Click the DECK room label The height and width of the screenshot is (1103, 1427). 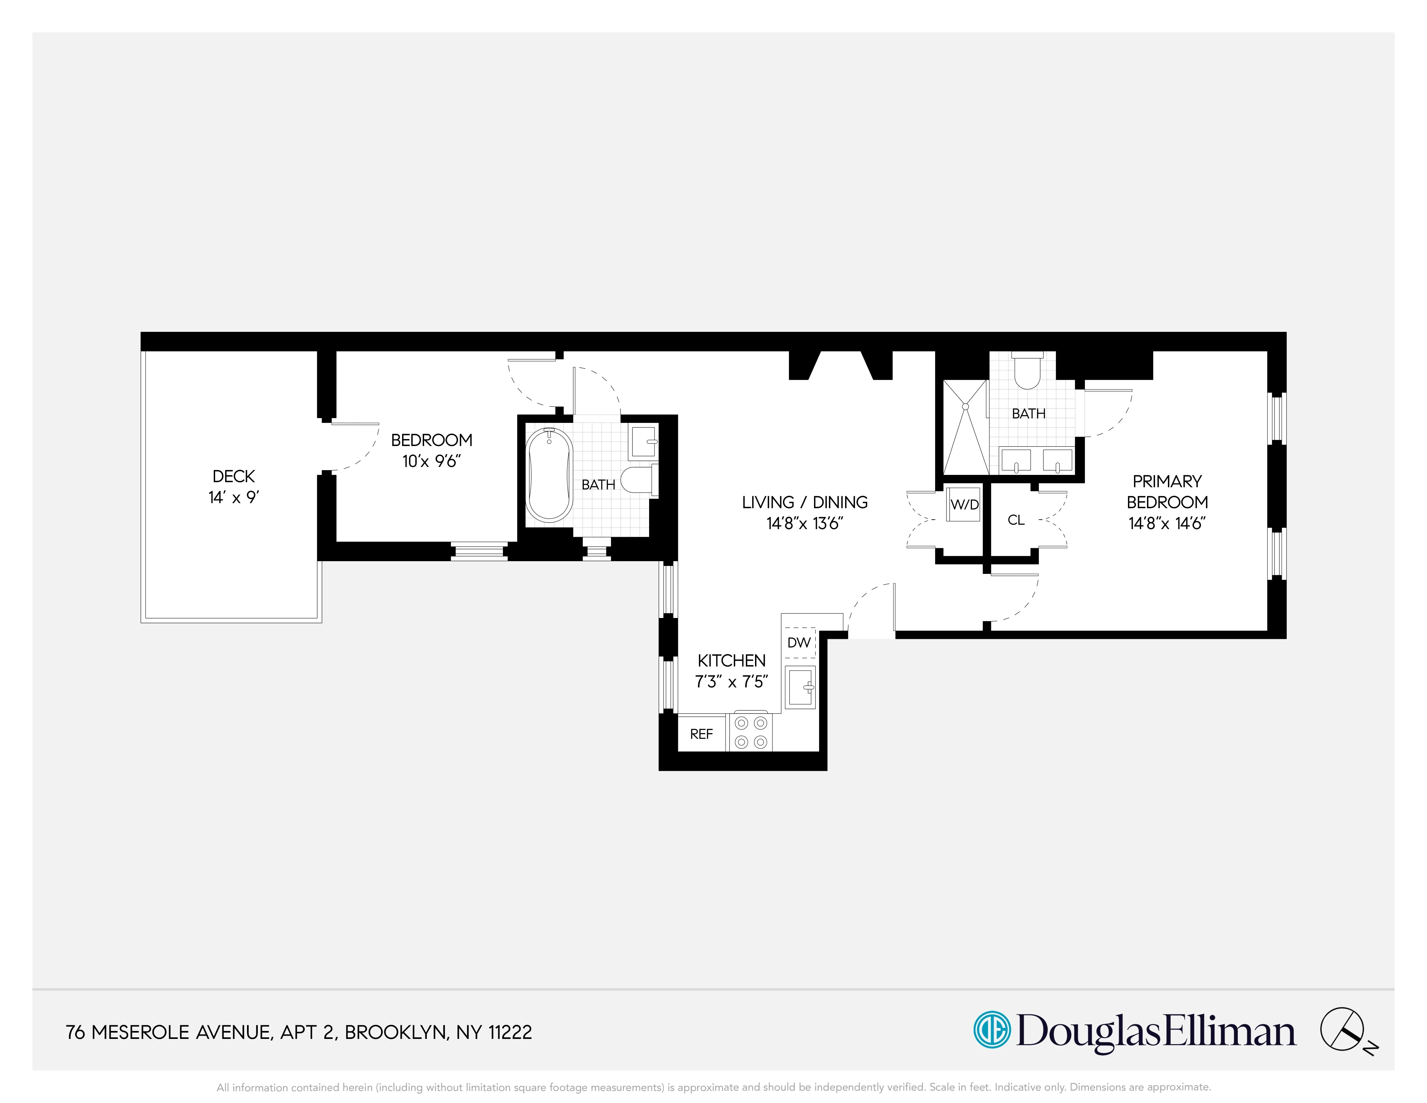coord(233,476)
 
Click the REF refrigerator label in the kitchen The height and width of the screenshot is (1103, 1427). coord(701,734)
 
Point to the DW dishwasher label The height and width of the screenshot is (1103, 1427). coord(798,642)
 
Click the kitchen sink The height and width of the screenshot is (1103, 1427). coord(800,687)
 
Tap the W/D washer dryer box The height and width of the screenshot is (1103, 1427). coord(964,504)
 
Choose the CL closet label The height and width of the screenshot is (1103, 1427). coord(1016,520)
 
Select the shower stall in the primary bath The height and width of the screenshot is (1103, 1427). coord(965,427)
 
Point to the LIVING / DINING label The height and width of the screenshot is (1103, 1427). coord(804,502)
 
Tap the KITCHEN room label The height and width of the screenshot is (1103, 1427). coord(731,660)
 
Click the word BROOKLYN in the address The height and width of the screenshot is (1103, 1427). coord(395,1033)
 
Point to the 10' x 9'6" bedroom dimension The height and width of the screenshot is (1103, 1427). coord(431,461)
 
